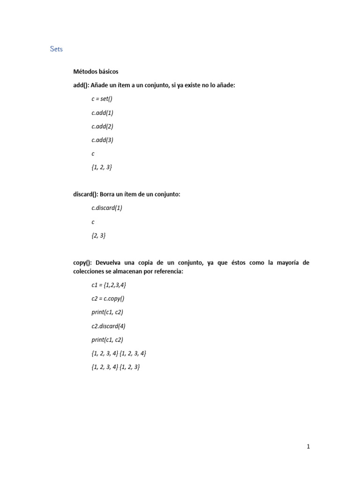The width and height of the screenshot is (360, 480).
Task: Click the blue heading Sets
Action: (x=56, y=49)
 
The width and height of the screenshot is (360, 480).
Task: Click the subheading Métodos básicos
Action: (x=96, y=72)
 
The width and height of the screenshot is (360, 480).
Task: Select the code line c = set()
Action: (x=102, y=99)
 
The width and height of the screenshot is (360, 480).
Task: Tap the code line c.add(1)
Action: (x=102, y=112)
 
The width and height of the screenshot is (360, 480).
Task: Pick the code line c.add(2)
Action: (x=102, y=126)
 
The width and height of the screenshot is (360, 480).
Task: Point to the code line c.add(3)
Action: (x=102, y=140)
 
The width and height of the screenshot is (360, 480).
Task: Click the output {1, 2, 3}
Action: (x=102, y=167)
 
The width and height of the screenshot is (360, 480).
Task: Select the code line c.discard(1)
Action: (x=106, y=208)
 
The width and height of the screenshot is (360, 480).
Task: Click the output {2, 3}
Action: (x=98, y=236)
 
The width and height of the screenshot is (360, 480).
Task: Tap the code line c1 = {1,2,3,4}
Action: (x=108, y=285)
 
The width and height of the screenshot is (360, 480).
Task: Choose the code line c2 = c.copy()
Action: (x=108, y=299)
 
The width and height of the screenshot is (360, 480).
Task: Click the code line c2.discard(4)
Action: (x=109, y=326)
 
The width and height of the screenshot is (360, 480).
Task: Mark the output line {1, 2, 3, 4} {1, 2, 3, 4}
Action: (x=122, y=353)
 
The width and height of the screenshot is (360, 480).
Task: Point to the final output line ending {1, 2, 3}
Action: (x=116, y=367)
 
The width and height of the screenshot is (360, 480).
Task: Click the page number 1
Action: (x=308, y=447)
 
